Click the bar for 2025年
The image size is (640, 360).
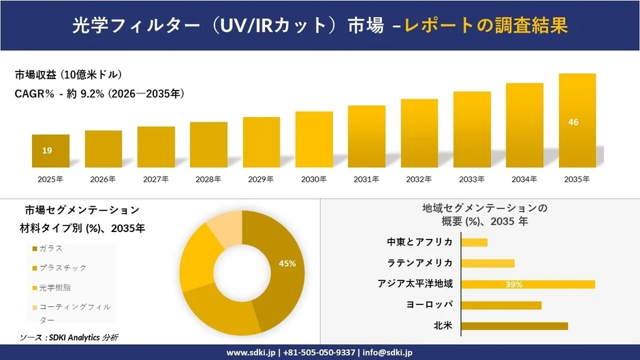50,151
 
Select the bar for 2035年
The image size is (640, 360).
577,120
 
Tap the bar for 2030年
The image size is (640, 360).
314,140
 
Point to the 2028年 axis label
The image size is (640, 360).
208,179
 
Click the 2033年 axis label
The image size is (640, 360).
472,179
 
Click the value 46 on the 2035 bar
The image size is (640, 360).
573,122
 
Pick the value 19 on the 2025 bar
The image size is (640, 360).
47,150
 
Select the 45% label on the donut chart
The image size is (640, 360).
287,263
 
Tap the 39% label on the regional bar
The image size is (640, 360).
514,284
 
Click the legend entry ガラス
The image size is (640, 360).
51,248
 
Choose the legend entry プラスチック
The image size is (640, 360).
62,267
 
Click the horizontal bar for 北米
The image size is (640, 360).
514,326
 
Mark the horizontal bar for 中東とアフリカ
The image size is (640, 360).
475,242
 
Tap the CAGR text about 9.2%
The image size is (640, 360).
99,94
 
